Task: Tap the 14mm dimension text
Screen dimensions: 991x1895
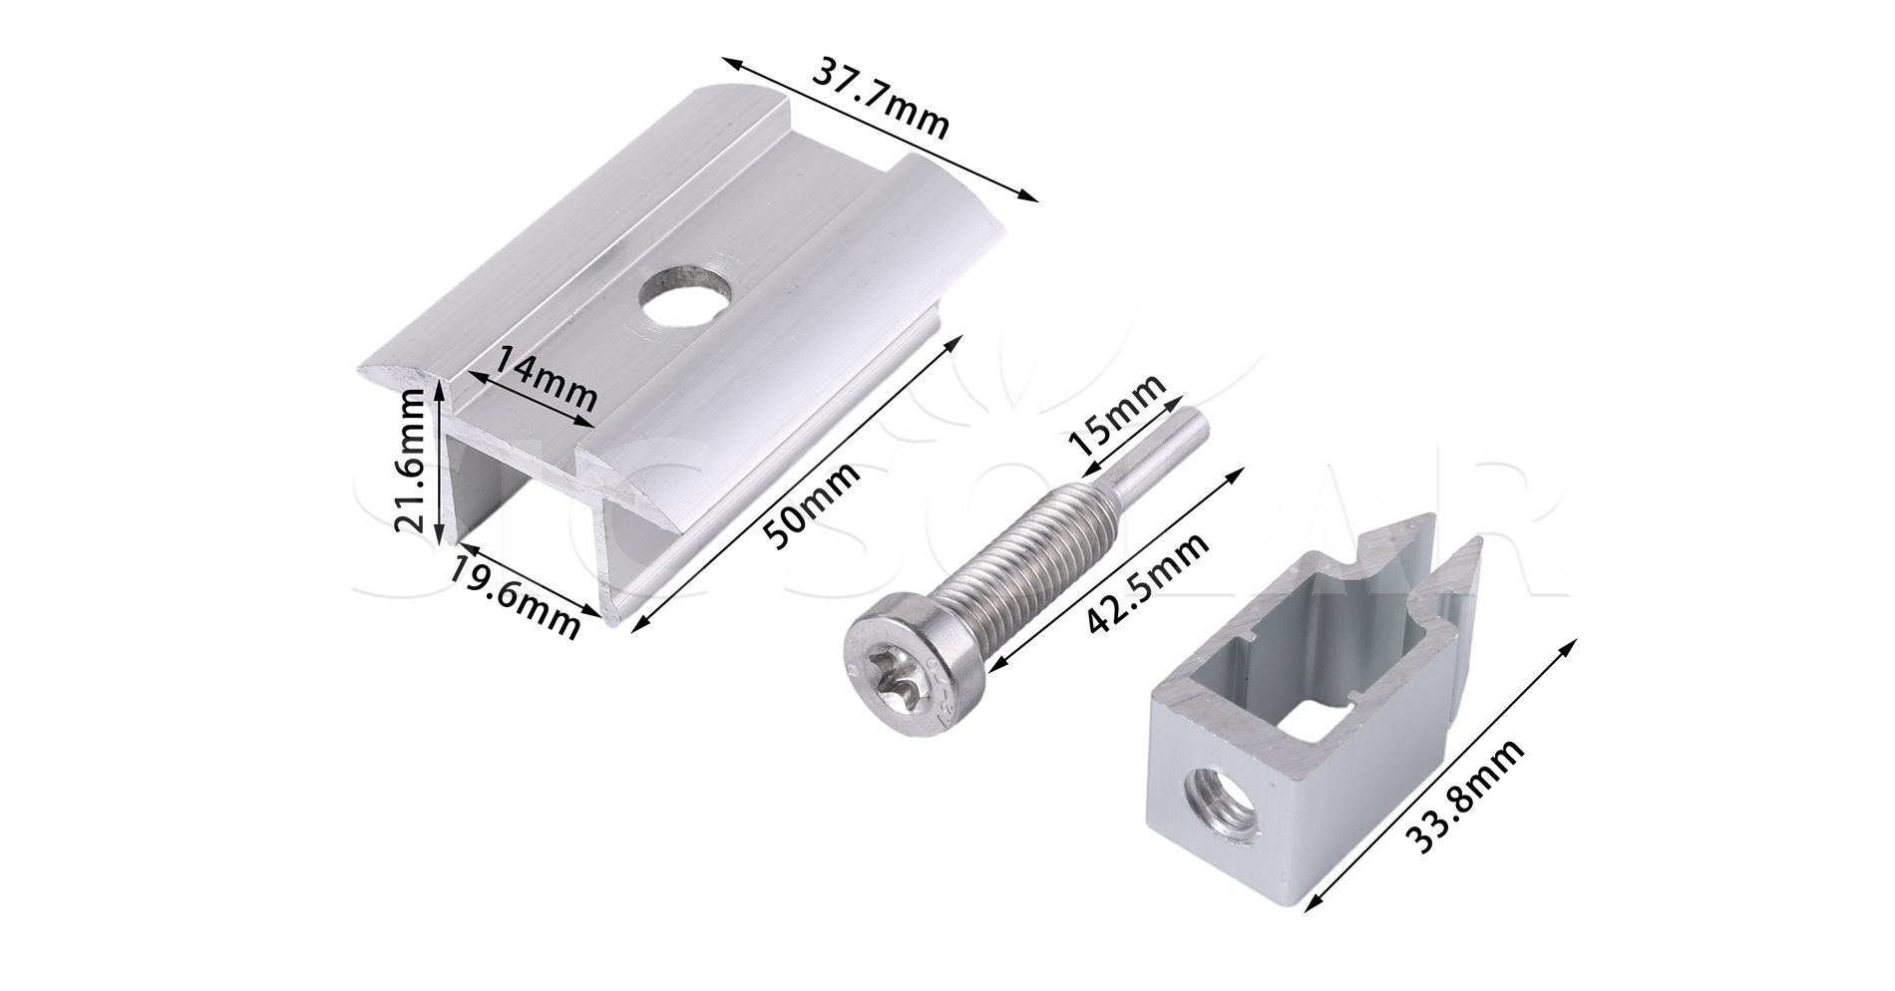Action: pos(547,378)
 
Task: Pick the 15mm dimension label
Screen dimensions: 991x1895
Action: pos(1114,415)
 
